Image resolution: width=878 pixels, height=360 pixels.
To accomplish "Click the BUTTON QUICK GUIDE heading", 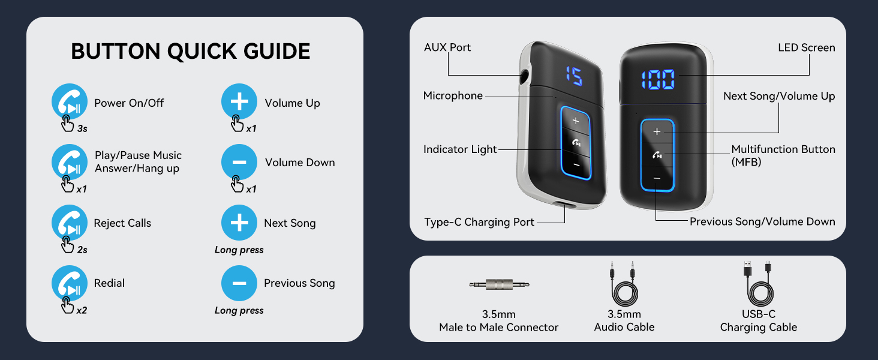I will [x=191, y=52].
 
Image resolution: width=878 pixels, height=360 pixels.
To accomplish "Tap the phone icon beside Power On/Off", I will [x=70, y=101].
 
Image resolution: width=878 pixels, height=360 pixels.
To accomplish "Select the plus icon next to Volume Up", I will [x=239, y=101].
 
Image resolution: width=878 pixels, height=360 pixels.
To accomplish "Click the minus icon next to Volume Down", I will [x=239, y=162].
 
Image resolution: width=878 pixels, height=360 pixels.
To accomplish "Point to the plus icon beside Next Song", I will [x=239, y=223].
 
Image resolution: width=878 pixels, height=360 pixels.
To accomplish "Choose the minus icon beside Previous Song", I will [x=239, y=283].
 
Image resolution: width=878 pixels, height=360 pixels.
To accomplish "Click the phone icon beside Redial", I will [x=70, y=283].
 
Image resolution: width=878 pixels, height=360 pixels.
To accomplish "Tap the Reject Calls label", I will [x=122, y=223].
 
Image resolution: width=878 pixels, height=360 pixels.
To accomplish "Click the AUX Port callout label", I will [x=447, y=47].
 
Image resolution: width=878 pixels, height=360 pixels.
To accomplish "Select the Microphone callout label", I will [x=453, y=96].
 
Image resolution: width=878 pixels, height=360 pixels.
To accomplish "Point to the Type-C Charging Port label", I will [x=479, y=222].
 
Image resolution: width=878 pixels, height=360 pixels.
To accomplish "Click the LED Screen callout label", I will [x=806, y=47].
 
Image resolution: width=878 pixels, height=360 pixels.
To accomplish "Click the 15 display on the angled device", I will [x=573, y=76].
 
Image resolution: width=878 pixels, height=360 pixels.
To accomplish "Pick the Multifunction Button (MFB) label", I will [x=783, y=155].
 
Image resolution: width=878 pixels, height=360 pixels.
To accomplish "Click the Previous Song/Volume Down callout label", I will [x=762, y=221].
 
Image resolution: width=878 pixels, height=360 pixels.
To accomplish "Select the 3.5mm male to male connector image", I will [x=499, y=284].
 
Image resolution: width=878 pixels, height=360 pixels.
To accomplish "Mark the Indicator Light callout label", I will [x=460, y=149].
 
